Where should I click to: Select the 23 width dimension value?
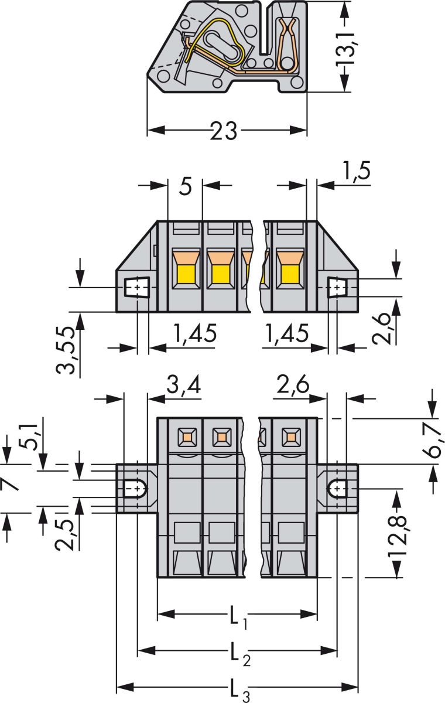(225, 130)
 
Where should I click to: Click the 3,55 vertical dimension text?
(67, 350)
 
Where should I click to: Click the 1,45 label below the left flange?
(196, 334)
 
